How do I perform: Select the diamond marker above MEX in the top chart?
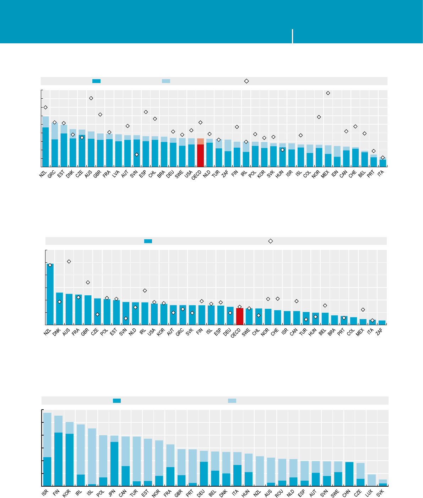tap(328, 93)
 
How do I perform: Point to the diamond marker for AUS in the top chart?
tap(91, 98)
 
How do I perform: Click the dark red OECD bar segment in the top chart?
tap(200, 155)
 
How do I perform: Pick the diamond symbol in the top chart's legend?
tap(246, 81)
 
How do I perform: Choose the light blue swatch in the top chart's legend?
tap(166, 81)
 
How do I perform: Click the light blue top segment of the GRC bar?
tap(55, 131)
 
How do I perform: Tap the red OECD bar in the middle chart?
tap(240, 316)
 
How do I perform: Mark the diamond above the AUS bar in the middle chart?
tap(69, 262)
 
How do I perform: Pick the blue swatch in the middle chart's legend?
tap(148, 241)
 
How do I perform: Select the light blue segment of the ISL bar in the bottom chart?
tap(92, 456)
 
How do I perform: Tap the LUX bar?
tap(372, 480)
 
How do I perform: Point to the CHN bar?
tap(349, 474)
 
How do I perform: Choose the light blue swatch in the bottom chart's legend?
tap(232, 401)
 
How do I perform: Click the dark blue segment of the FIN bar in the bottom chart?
tap(58, 459)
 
